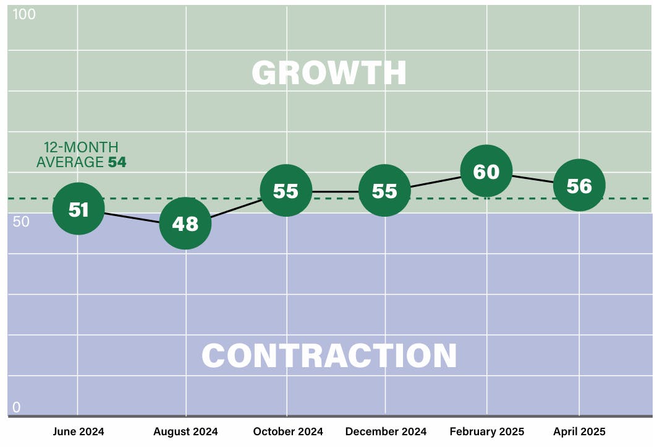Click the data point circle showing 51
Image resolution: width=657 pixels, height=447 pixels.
[x=78, y=209]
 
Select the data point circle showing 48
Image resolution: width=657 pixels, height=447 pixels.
[x=185, y=223]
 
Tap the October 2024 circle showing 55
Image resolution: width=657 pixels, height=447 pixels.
[x=286, y=191]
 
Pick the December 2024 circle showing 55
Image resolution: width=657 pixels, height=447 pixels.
[x=384, y=191]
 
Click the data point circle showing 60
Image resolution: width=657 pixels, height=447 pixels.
[x=486, y=171]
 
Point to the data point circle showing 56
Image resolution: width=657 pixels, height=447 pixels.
[x=579, y=185]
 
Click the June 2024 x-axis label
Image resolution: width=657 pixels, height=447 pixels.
[x=78, y=432]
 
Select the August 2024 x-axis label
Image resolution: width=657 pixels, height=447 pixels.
[x=185, y=432]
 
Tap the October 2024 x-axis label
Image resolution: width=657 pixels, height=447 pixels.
[x=288, y=432]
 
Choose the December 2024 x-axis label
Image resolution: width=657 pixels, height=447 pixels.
[x=386, y=432]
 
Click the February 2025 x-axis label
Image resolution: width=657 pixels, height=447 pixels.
[x=487, y=432]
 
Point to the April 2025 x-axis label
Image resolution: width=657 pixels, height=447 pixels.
[x=580, y=432]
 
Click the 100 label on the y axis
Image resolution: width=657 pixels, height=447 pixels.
[x=24, y=14]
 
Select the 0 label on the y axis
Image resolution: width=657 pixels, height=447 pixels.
[x=17, y=407]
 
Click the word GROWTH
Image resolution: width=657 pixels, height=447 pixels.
[x=329, y=73]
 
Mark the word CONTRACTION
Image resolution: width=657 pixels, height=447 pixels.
[x=329, y=355]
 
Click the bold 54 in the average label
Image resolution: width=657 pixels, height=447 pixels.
[x=117, y=162]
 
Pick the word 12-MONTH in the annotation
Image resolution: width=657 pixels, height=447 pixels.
[x=80, y=147]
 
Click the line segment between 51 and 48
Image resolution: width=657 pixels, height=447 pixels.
[x=132, y=217]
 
